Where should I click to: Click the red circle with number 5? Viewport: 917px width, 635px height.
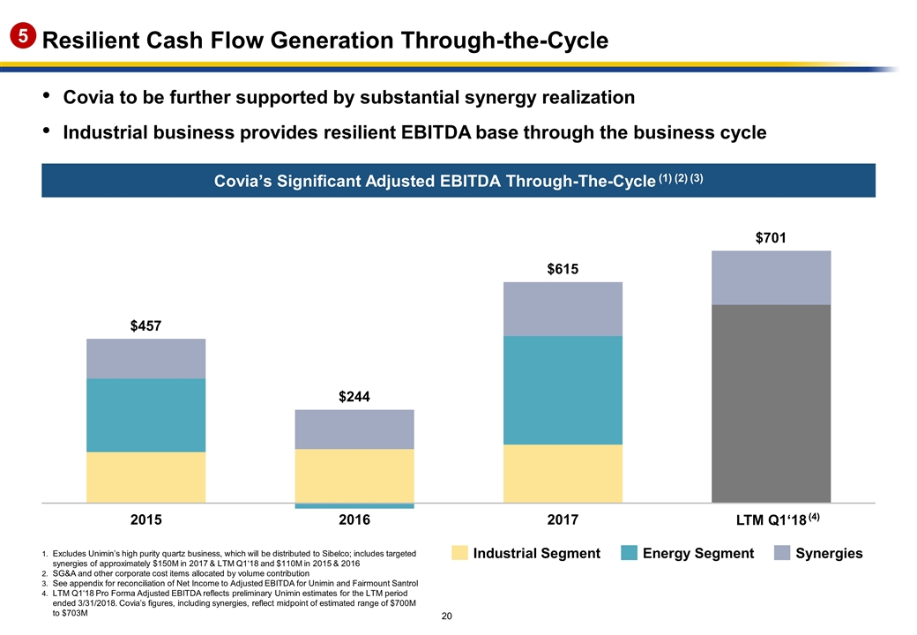coord(21,37)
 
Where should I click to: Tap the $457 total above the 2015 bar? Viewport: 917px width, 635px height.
coord(146,326)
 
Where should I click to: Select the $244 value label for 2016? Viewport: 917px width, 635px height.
coord(354,397)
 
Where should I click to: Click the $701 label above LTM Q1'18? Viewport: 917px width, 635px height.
coord(771,238)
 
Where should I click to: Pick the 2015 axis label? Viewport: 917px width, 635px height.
coord(146,520)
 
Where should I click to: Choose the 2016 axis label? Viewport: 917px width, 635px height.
coord(354,520)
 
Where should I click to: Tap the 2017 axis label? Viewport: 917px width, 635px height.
coord(563,520)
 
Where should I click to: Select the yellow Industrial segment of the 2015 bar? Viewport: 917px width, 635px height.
coord(146,477)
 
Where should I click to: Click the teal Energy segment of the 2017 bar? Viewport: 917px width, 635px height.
coord(563,390)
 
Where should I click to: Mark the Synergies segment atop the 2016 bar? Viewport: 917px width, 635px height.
coord(354,430)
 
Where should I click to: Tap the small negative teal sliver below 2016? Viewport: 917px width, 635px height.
coord(354,506)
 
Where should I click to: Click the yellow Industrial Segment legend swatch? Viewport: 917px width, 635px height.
coord(459,553)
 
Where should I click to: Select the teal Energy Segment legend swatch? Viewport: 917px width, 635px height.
coord(630,553)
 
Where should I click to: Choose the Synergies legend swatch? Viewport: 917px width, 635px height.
coord(782,553)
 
